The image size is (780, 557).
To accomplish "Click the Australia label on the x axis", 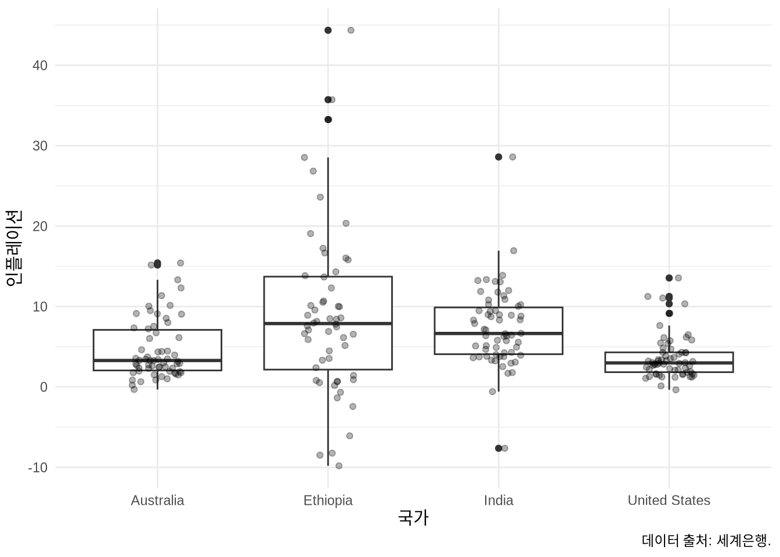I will (157, 500).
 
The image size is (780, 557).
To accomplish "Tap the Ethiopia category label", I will (328, 500).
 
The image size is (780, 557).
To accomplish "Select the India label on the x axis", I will (499, 500).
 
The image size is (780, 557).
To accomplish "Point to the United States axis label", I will (669, 500).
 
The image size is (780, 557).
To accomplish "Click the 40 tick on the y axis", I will (40, 66).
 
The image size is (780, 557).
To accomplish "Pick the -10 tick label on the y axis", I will (38, 468).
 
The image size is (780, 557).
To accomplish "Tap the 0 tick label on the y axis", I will (44, 387).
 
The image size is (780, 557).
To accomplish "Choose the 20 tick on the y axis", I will (40, 226).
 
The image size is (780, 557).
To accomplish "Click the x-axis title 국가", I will (413, 518).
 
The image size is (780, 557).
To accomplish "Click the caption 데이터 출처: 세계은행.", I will (706, 540).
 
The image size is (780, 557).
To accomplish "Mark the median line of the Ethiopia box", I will (328, 323).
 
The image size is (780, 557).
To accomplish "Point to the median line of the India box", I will (499, 334).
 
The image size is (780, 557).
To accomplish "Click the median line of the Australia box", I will (157, 360).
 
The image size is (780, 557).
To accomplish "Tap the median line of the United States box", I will (669, 363).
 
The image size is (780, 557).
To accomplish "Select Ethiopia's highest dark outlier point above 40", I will (328, 30).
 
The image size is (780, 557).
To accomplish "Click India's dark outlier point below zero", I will (499, 448).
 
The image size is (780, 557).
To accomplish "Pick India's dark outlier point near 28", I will (499, 157).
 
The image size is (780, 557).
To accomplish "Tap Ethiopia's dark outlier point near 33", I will (328, 120).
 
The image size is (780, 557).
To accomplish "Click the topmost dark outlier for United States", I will (669, 278).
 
